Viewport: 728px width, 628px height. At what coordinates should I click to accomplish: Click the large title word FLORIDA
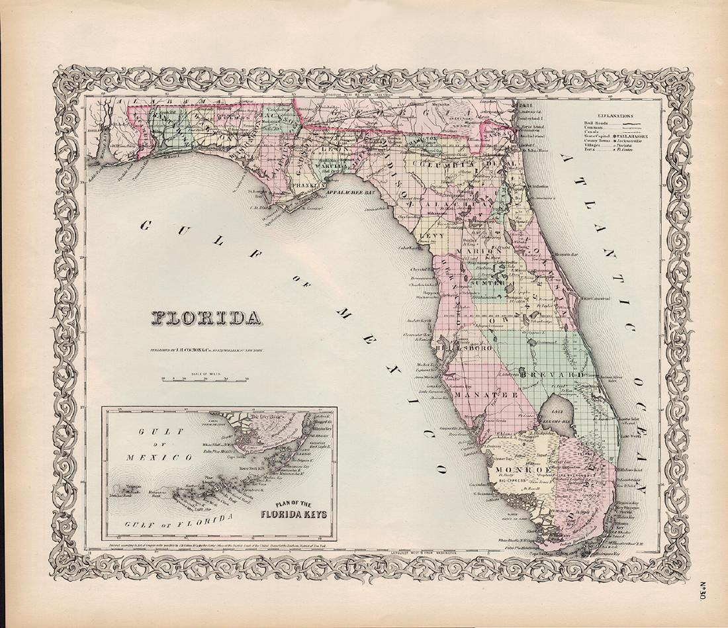pyautogui.click(x=206, y=318)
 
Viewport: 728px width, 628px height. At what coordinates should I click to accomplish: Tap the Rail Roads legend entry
pyautogui.click(x=600, y=123)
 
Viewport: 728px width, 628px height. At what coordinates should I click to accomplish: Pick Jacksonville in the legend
pyautogui.click(x=633, y=142)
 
